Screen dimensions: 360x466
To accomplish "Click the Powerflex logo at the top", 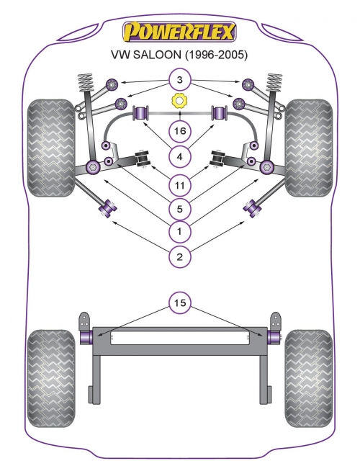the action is (x=179, y=32).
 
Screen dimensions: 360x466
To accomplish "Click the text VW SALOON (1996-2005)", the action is (x=179, y=55).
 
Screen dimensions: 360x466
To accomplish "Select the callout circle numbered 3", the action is (x=179, y=80).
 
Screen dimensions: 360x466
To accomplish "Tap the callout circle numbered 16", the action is (x=179, y=131).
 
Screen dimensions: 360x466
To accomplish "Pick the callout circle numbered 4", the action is (x=179, y=156).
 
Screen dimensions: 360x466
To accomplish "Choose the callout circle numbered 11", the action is (x=179, y=185).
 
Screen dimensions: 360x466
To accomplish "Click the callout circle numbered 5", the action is (x=179, y=209).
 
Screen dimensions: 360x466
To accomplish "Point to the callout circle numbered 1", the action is (x=179, y=231).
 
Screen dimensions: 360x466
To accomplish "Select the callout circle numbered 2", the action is (x=179, y=256).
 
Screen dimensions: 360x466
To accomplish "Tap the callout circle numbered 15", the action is (x=179, y=303).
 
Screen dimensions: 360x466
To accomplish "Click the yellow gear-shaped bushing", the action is (x=179, y=101).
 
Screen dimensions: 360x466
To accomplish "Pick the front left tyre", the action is (x=51, y=148).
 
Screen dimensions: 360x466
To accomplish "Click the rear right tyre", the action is (x=309, y=378).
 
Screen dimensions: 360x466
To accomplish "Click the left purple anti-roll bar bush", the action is (x=141, y=113).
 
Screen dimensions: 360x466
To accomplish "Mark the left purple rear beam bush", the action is (x=86, y=336).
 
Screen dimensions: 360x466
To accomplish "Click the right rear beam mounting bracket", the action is (x=276, y=321).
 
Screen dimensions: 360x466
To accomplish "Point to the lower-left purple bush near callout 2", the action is (x=107, y=208).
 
